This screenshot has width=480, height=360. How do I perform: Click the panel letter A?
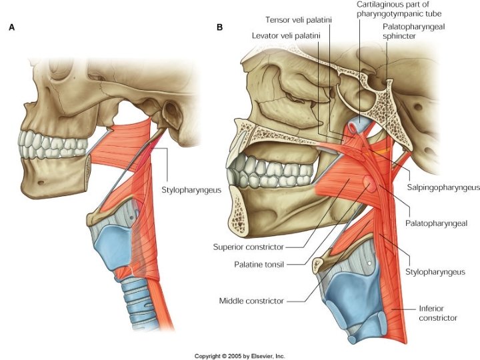(x=12, y=28)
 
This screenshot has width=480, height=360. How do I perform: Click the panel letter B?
(x=220, y=28)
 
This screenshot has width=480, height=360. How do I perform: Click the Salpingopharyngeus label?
(x=443, y=189)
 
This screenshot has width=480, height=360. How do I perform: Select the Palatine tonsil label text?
(x=259, y=264)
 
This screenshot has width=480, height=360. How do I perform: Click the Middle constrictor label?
(x=251, y=301)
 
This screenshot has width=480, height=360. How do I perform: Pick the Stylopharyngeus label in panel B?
(x=435, y=272)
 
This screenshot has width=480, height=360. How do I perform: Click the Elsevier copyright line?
(x=240, y=355)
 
